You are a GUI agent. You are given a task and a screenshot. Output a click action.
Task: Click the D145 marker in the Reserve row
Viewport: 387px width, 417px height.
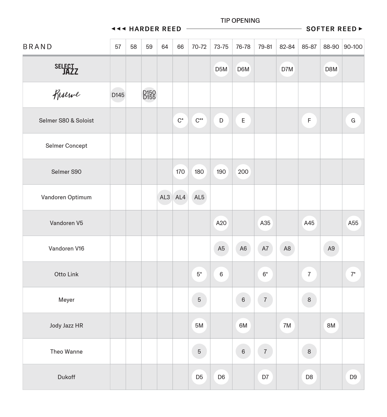pos(118,95)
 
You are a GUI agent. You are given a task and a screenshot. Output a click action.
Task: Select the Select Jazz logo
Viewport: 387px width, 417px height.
pos(66,69)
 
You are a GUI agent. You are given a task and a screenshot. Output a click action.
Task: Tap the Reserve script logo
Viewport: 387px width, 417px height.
pos(66,95)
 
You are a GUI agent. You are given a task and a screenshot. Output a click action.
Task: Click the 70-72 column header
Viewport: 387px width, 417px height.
pos(199,47)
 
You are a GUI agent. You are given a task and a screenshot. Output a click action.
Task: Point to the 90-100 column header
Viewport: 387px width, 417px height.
pos(353,47)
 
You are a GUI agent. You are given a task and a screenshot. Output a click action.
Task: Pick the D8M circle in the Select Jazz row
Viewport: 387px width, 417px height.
pos(331,69)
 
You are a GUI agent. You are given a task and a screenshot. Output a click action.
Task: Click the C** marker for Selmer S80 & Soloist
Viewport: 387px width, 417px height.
pos(199,120)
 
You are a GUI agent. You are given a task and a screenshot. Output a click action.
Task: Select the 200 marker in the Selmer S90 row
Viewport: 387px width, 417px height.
pos(243,172)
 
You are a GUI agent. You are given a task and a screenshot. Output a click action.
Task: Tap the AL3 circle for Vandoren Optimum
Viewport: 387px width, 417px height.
pos(165,197)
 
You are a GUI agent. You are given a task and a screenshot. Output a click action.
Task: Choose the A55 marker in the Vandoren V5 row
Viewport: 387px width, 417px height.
pos(353,223)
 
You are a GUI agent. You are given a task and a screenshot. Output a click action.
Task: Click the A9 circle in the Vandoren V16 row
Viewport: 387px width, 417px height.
pos(331,248)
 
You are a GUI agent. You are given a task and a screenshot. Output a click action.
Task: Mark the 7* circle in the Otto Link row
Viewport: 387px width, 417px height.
pos(353,274)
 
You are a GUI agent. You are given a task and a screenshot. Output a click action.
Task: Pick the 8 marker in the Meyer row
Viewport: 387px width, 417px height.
pos(309,300)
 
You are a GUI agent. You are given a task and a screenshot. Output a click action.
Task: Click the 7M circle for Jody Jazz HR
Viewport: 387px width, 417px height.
pos(287,325)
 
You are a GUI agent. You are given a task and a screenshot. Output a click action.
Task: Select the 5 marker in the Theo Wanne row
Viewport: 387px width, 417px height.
pos(199,351)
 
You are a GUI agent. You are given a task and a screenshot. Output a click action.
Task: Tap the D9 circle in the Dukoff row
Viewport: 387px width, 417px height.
pos(353,377)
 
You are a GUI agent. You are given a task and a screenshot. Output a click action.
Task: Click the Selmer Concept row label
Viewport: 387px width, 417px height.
pos(66,146)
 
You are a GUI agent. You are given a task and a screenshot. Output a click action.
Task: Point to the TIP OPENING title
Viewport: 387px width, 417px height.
pos(240,21)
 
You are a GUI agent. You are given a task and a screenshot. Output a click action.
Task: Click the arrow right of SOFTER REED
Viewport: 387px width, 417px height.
pos(361,29)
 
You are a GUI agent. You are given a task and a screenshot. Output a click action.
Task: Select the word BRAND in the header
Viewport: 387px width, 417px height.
pos(38,47)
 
